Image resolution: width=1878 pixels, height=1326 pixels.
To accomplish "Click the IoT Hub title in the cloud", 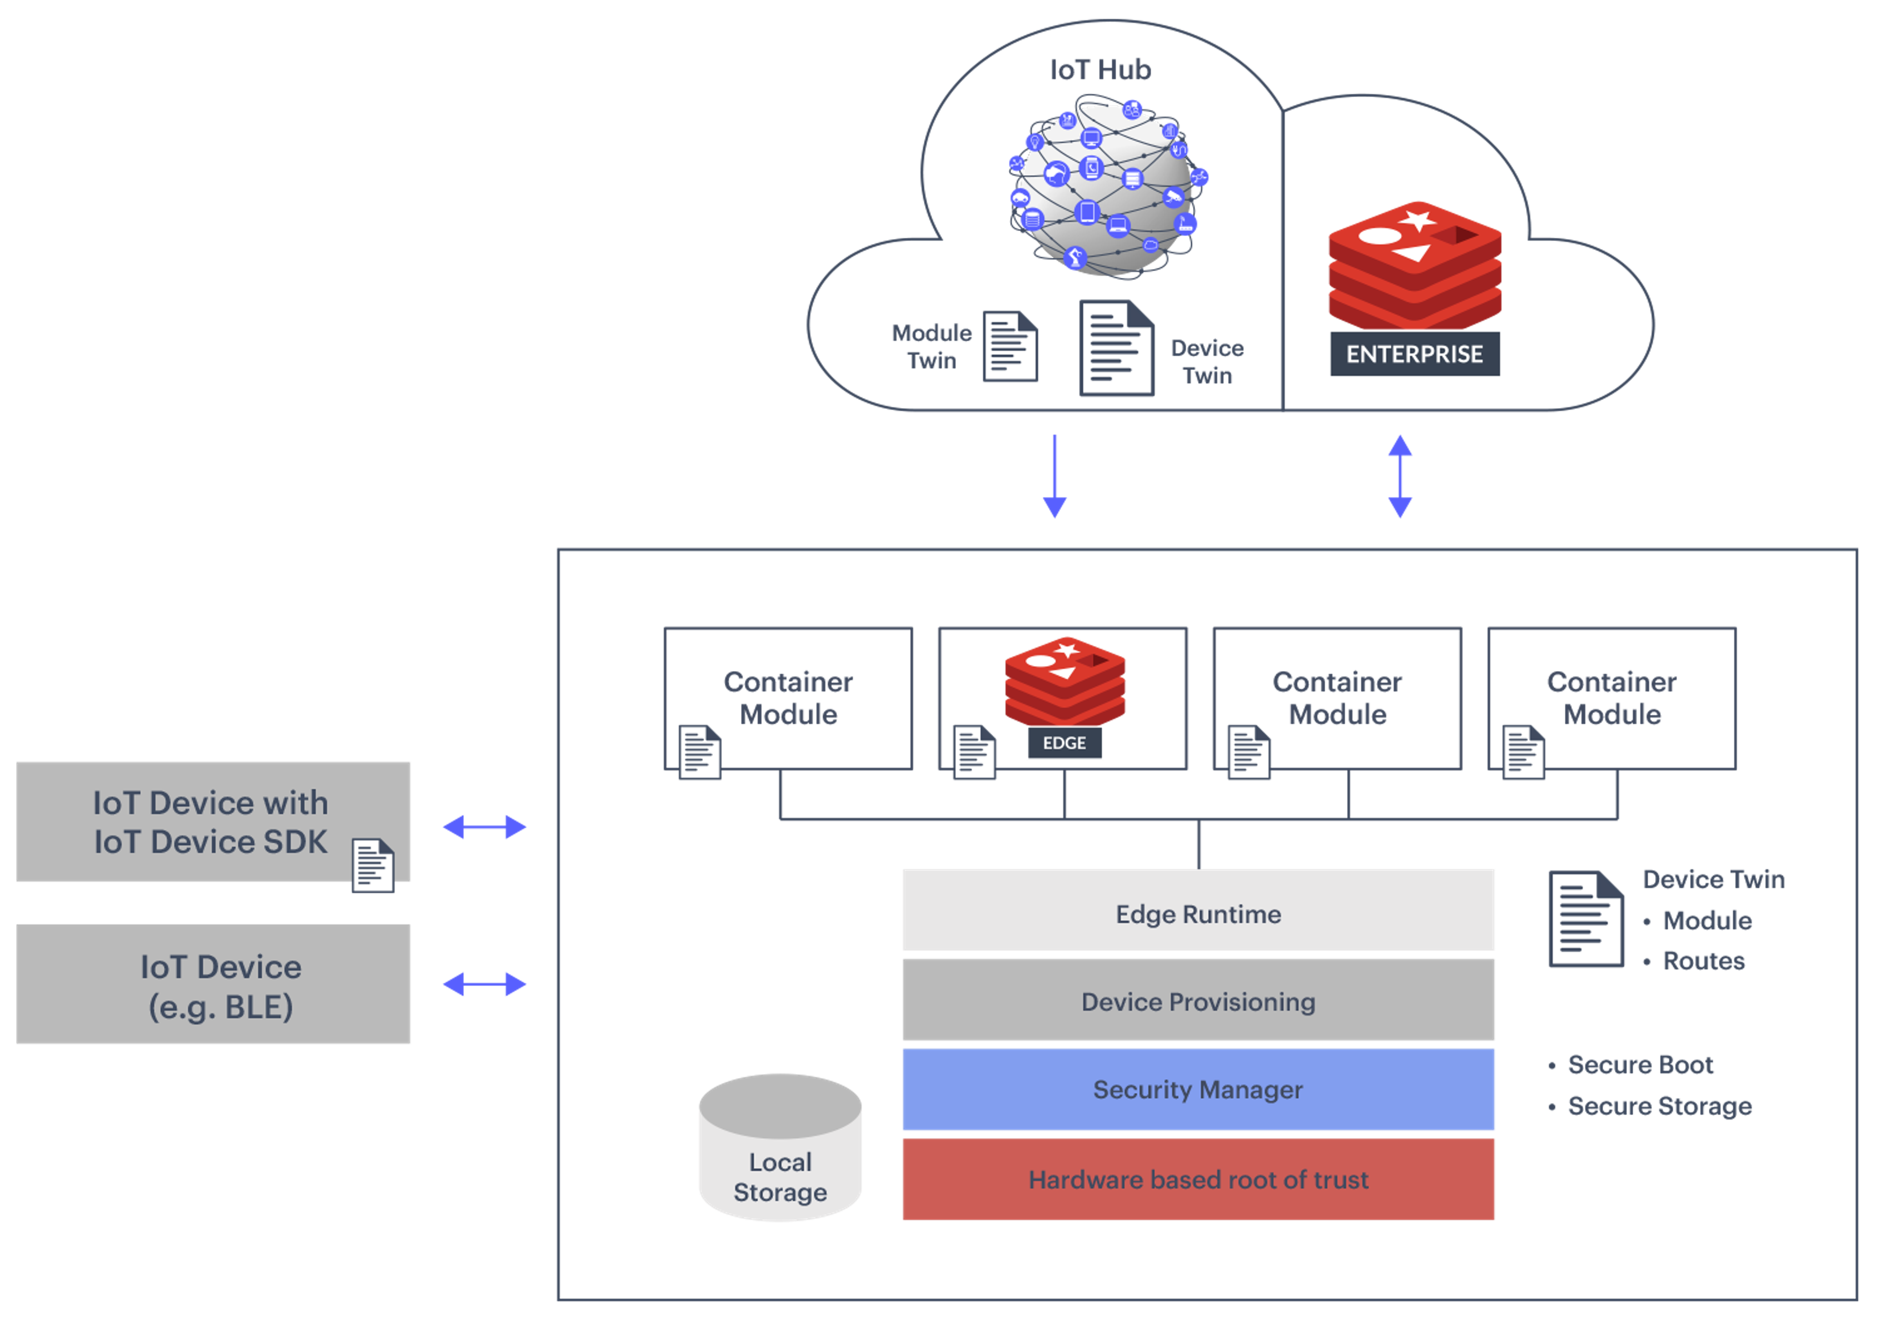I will click(x=1100, y=70).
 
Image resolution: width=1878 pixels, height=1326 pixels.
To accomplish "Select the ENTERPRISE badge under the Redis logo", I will click(x=1414, y=354).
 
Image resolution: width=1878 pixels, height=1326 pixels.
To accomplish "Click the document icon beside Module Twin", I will click(x=1010, y=347).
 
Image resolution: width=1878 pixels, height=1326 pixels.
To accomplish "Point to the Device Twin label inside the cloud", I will click(x=1207, y=361).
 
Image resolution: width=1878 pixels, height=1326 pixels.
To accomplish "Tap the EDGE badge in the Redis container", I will click(x=1064, y=743).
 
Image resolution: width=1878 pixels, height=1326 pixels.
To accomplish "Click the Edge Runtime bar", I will click(x=1198, y=914).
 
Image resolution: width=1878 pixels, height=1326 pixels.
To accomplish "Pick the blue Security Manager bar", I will click(x=1198, y=1090).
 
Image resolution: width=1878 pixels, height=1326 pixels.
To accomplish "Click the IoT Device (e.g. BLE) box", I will click(x=214, y=985).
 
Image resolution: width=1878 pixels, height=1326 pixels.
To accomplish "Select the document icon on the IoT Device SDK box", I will click(x=373, y=865).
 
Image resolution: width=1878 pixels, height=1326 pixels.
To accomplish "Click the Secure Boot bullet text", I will click(x=1640, y=1065).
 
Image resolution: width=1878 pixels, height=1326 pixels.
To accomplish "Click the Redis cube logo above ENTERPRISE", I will click(x=1414, y=264).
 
